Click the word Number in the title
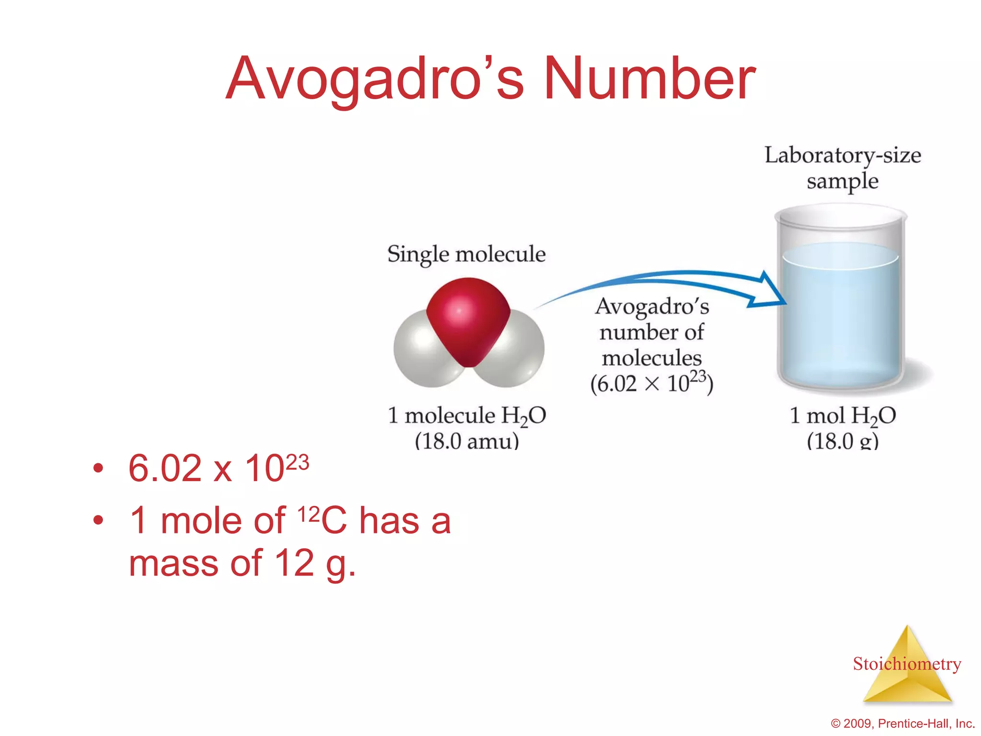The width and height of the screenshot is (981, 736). tap(650, 79)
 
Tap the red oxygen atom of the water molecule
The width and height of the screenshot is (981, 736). tap(467, 316)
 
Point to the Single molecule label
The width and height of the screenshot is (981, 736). tap(466, 254)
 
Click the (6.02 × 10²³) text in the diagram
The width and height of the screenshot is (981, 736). tap(651, 383)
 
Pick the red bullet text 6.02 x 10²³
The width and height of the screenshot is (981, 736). tap(218, 468)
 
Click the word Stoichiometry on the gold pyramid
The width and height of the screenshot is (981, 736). tap(907, 664)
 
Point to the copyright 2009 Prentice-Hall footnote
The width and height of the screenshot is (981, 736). tap(903, 724)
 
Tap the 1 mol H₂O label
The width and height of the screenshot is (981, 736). tap(843, 415)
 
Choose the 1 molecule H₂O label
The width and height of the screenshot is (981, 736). tap(467, 415)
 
